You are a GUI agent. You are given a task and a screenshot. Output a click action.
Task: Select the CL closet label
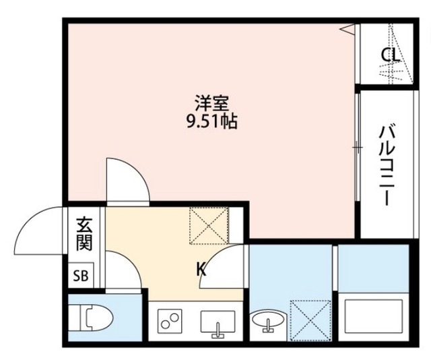tap(390, 55)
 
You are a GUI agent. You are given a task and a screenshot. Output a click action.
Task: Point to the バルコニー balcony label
tap(386, 164)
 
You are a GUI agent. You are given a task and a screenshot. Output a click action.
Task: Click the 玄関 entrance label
tap(84, 233)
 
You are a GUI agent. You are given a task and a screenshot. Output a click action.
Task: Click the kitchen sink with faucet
tap(217, 322)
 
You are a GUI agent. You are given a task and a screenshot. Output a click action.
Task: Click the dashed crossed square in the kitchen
tap(209, 224)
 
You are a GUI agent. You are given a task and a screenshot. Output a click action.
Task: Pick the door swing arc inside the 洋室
tap(127, 179)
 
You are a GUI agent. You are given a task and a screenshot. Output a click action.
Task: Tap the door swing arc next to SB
tap(124, 270)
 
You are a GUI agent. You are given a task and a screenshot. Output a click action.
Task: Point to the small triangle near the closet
tap(348, 28)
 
